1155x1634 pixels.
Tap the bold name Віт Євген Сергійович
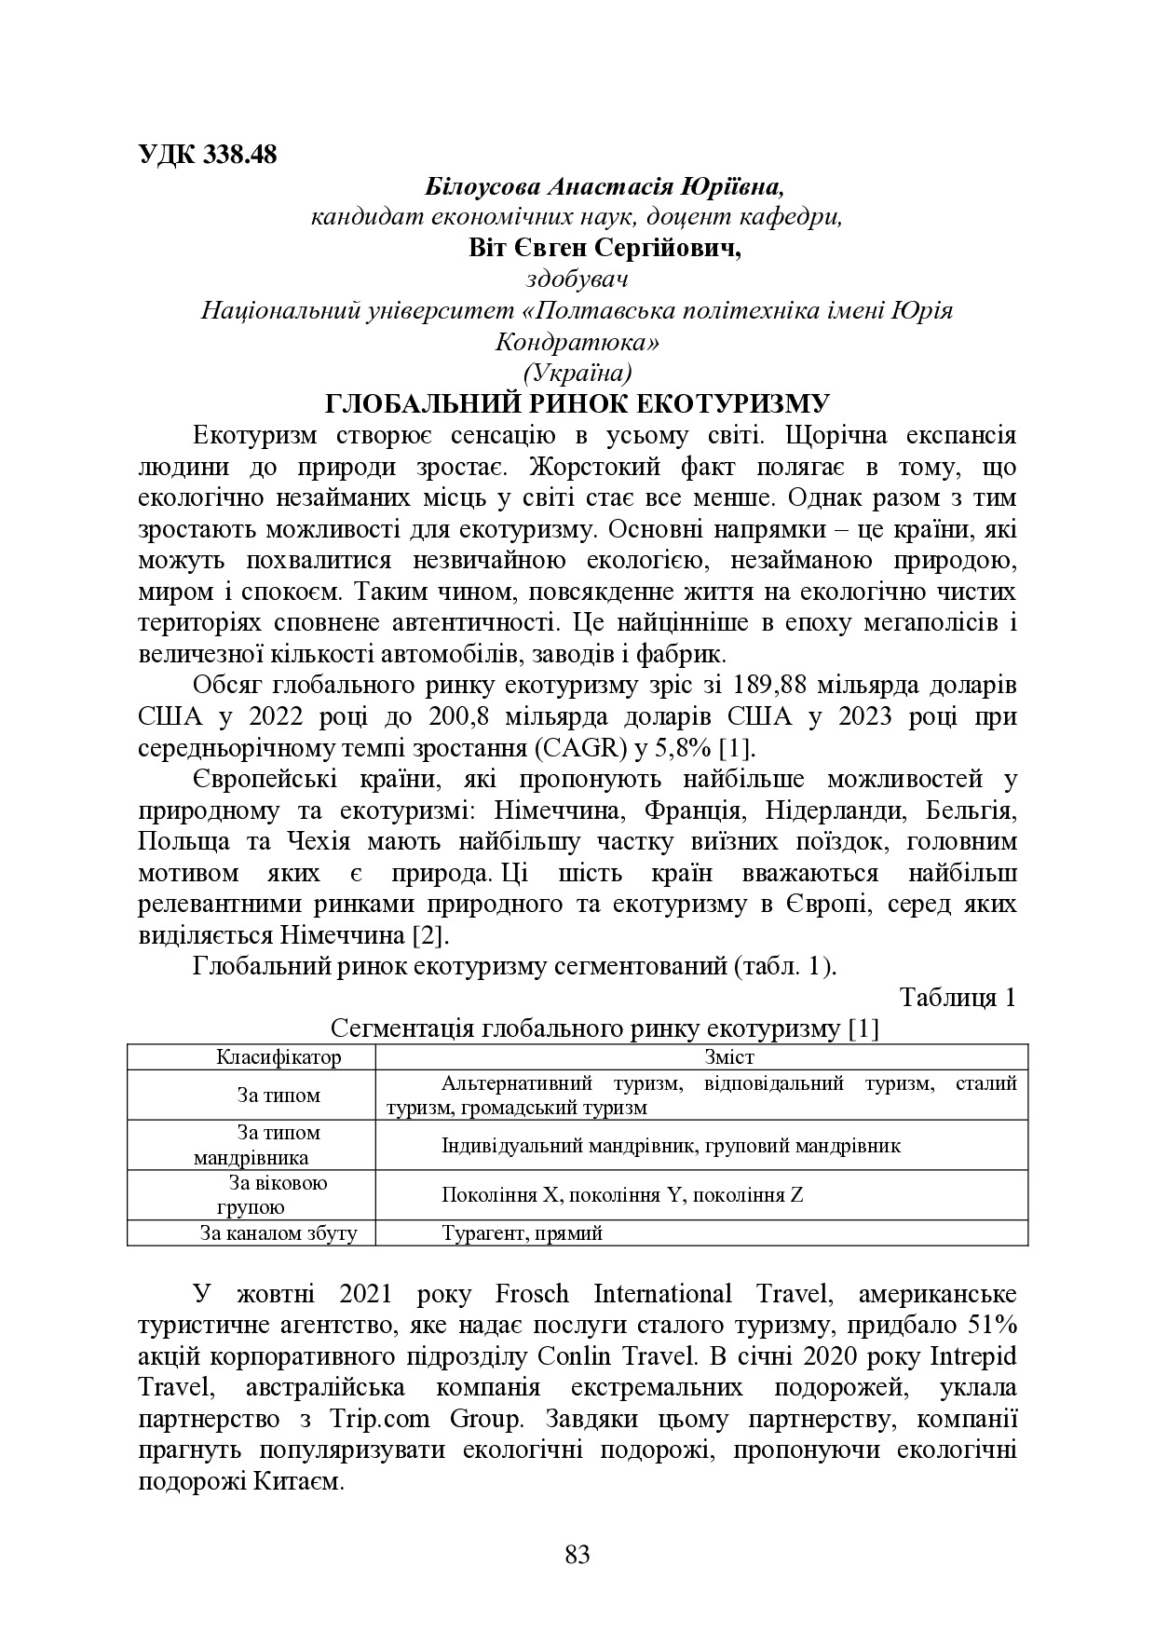pos(605,249)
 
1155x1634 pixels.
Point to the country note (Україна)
pos(577,373)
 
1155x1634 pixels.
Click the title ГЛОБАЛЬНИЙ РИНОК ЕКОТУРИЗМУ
pos(577,404)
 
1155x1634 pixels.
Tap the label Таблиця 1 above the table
pos(957,997)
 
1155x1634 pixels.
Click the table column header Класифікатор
pos(279,1056)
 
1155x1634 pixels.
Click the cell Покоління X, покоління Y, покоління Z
pos(622,1195)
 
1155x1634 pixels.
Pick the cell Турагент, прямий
pos(522,1233)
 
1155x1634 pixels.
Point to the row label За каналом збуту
pos(279,1233)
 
